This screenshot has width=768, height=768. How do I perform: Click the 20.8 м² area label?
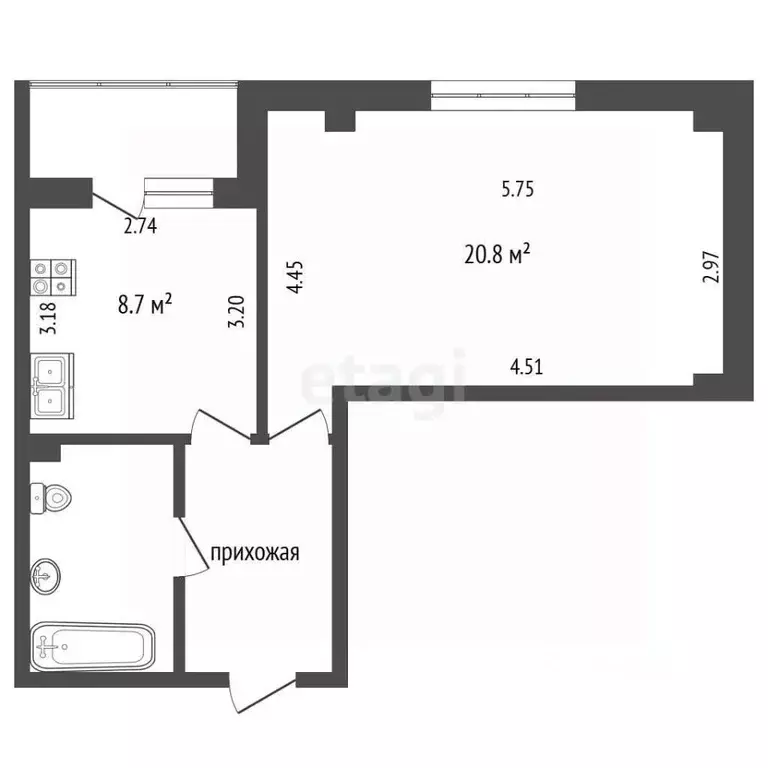click(497, 255)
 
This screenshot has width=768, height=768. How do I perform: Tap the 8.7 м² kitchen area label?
click(145, 304)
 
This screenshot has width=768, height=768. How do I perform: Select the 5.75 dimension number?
click(518, 189)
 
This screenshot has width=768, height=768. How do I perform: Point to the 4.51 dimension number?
click(527, 367)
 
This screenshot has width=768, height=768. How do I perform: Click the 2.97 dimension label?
click(711, 267)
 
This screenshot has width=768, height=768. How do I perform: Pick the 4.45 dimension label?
click(295, 277)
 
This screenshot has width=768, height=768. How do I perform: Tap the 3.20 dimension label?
click(237, 312)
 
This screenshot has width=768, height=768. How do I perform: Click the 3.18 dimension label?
click(48, 318)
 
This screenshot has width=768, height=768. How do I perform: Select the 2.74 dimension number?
click(140, 226)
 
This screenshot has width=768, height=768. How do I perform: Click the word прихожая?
click(255, 553)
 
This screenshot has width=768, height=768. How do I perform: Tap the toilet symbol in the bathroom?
click(50, 499)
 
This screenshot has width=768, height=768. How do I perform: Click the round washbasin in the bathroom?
click(46, 576)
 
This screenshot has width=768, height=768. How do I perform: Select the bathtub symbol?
click(93, 647)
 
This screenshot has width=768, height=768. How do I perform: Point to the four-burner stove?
click(53, 277)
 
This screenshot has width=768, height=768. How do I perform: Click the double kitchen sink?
click(52, 386)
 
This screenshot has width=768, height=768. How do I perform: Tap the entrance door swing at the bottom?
click(263, 693)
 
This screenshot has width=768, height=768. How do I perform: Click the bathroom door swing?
click(192, 547)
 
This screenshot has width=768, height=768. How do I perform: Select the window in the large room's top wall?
click(503, 96)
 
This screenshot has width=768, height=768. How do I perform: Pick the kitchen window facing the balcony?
click(179, 193)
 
